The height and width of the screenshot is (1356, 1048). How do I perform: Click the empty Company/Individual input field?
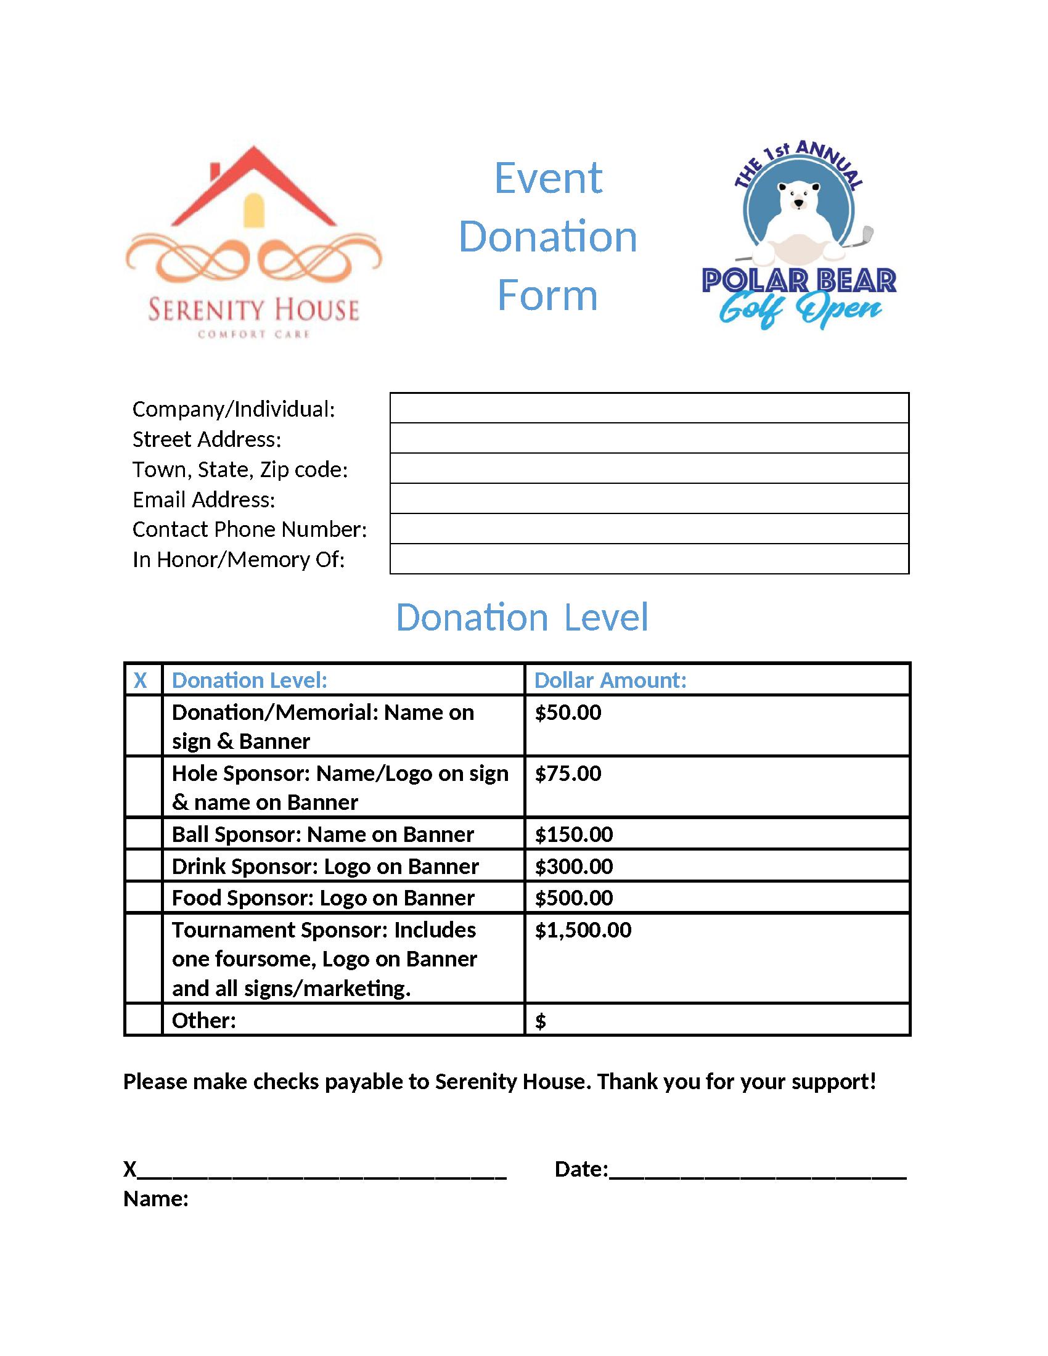pos(649,408)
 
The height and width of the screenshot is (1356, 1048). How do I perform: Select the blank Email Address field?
pos(649,499)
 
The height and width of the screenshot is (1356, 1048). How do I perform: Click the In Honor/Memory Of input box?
pos(649,559)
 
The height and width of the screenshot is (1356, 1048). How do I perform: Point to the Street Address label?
pos(207,439)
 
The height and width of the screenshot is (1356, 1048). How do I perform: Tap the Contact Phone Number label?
pos(250,529)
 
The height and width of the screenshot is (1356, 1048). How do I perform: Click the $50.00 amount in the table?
pos(568,712)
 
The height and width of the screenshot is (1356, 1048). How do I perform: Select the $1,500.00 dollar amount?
pos(583,929)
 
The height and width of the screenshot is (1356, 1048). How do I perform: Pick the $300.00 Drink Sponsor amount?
pos(574,866)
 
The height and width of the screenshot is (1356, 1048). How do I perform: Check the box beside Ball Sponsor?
pos(144,834)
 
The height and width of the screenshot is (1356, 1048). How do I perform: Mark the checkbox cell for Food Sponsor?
pos(144,897)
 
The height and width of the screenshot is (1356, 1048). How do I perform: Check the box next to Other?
pos(144,1020)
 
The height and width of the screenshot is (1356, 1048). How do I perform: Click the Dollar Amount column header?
pos(610,680)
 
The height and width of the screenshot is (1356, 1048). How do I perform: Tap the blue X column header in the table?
pos(141,680)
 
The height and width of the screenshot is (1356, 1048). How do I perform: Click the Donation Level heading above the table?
pos(522,617)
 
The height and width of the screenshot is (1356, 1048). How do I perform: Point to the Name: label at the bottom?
pos(156,1198)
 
